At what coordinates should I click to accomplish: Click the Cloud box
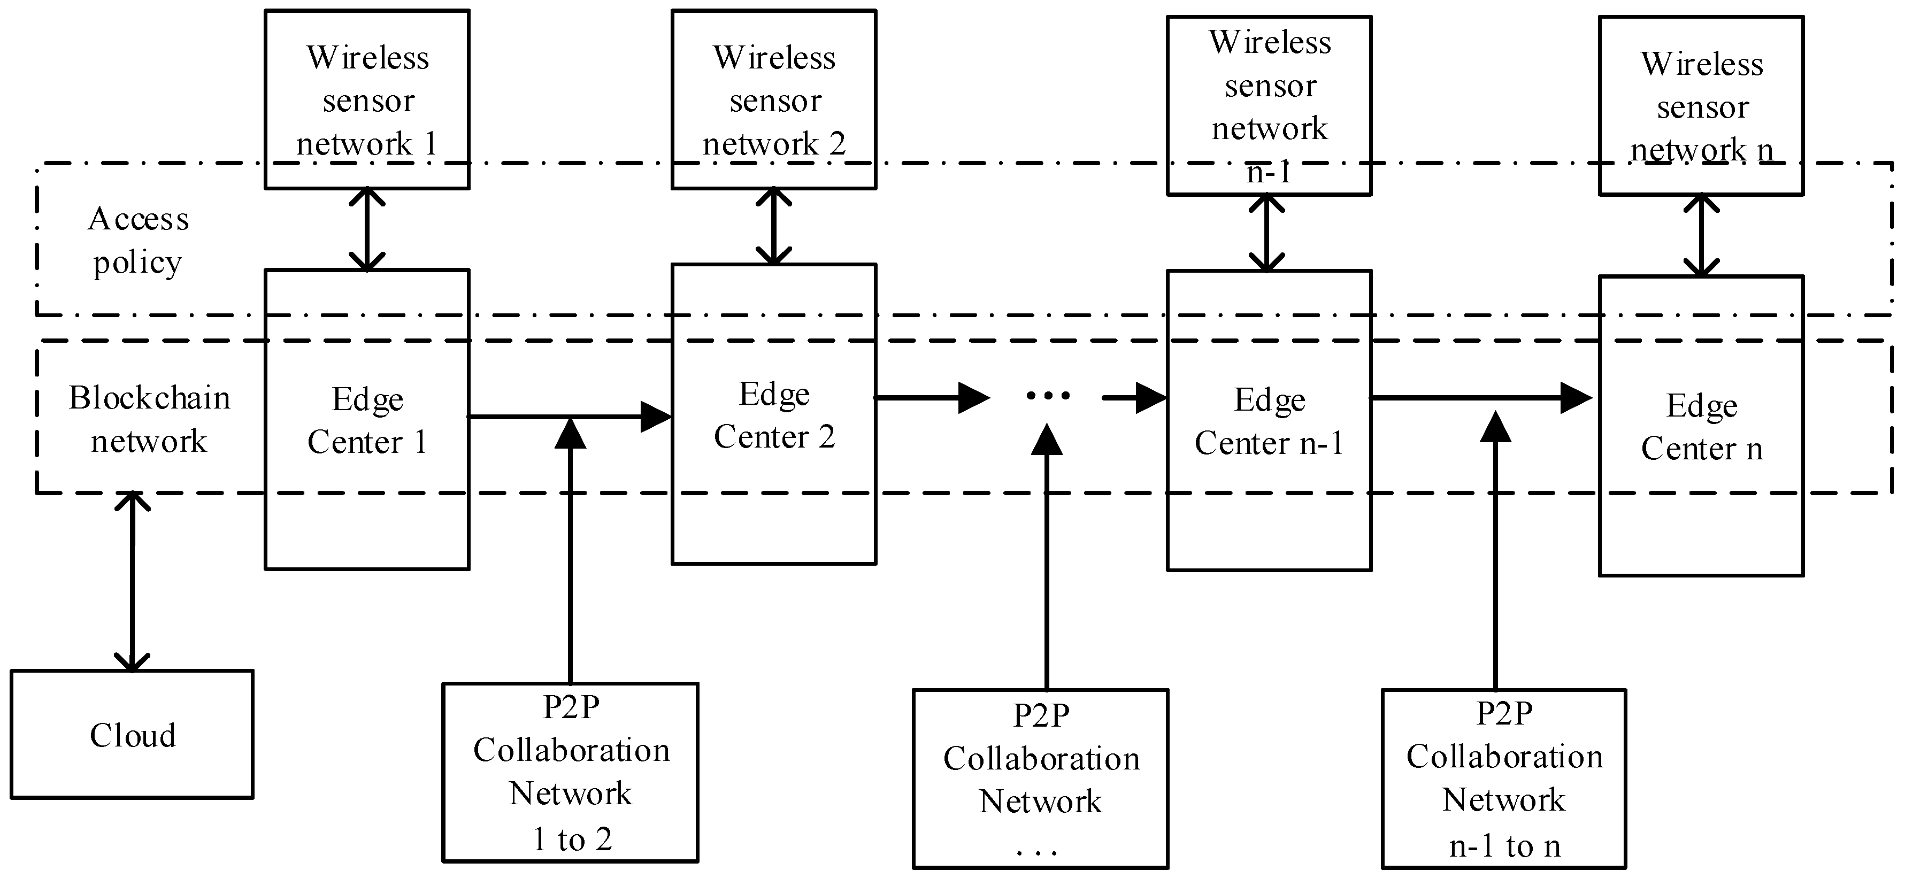132,735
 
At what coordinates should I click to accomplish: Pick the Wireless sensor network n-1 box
1269,106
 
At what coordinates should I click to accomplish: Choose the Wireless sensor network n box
1701,106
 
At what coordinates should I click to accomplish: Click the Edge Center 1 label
367,420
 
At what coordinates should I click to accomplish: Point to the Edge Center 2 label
773,415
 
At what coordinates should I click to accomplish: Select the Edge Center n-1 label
1269,421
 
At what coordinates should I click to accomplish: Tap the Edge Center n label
1701,427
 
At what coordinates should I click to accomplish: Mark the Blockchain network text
149,419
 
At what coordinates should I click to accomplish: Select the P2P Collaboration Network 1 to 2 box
570,772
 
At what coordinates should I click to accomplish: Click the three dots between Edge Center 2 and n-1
1047,396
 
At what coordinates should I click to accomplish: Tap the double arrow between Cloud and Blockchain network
133,582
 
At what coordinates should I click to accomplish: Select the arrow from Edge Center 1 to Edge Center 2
570,417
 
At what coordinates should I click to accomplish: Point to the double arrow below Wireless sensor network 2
773,226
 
